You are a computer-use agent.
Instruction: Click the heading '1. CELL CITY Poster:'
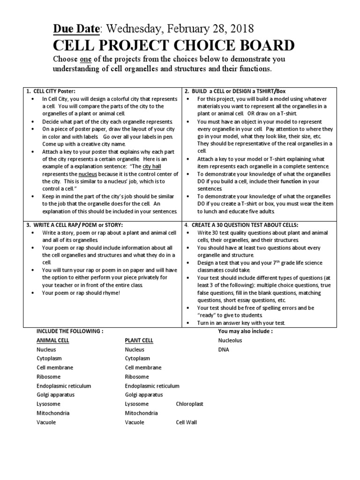click(51, 91)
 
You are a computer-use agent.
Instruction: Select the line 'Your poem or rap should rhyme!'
click(81, 292)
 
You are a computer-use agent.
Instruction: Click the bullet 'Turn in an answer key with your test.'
click(241, 323)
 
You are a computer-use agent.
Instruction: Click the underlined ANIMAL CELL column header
click(53, 340)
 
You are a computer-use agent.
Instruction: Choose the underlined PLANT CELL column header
click(139, 340)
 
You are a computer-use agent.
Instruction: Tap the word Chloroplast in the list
click(189, 404)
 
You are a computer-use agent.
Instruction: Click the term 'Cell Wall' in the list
click(187, 422)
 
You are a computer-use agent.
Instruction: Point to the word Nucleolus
click(230, 340)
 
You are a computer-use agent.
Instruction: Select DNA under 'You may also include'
click(224, 349)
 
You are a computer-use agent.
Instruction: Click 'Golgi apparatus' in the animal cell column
click(56, 395)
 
